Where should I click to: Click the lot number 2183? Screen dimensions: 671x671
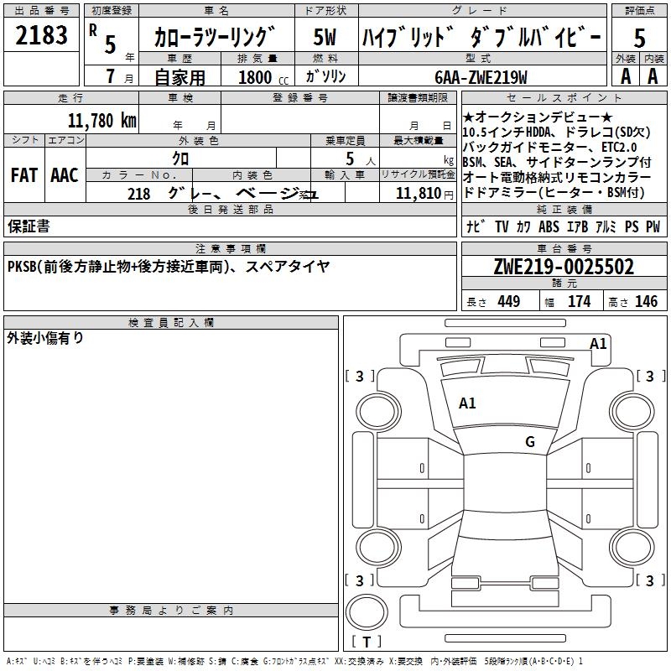[x=42, y=36]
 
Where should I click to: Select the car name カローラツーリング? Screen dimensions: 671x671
[x=216, y=37]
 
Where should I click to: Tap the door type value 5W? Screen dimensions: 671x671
[x=325, y=37]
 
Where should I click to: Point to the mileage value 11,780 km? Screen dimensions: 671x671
[x=101, y=120]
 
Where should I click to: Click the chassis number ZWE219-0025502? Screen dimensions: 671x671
[x=564, y=268]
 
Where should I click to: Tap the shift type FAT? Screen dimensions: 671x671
[x=23, y=175]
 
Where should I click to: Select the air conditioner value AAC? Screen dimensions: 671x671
[x=65, y=175]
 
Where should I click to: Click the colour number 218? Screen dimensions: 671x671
[x=139, y=194]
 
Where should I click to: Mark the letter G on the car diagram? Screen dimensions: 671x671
[x=530, y=441]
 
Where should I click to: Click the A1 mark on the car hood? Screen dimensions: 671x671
[x=467, y=403]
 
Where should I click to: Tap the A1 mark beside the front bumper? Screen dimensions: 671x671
[x=598, y=343]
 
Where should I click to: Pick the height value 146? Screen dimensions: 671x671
[x=646, y=302]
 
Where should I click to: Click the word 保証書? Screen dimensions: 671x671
[x=29, y=226]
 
